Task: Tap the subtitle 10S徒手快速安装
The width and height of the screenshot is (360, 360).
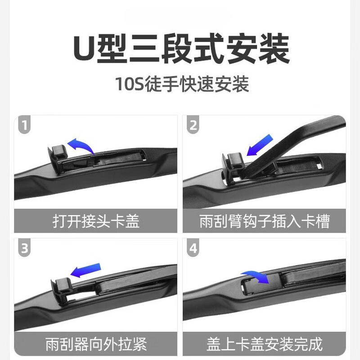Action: tap(180, 84)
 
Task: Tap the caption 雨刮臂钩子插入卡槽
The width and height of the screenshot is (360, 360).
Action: tap(264, 221)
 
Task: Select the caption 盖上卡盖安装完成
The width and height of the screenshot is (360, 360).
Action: tap(264, 344)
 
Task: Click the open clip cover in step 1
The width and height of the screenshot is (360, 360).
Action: tap(56, 153)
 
